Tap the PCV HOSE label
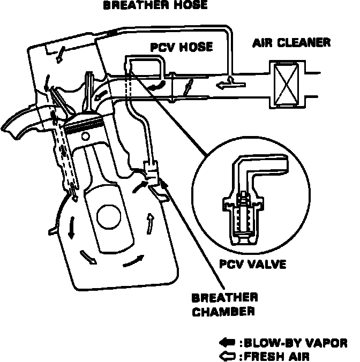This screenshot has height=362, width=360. tap(181, 47)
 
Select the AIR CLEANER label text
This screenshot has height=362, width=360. tap(291, 42)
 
